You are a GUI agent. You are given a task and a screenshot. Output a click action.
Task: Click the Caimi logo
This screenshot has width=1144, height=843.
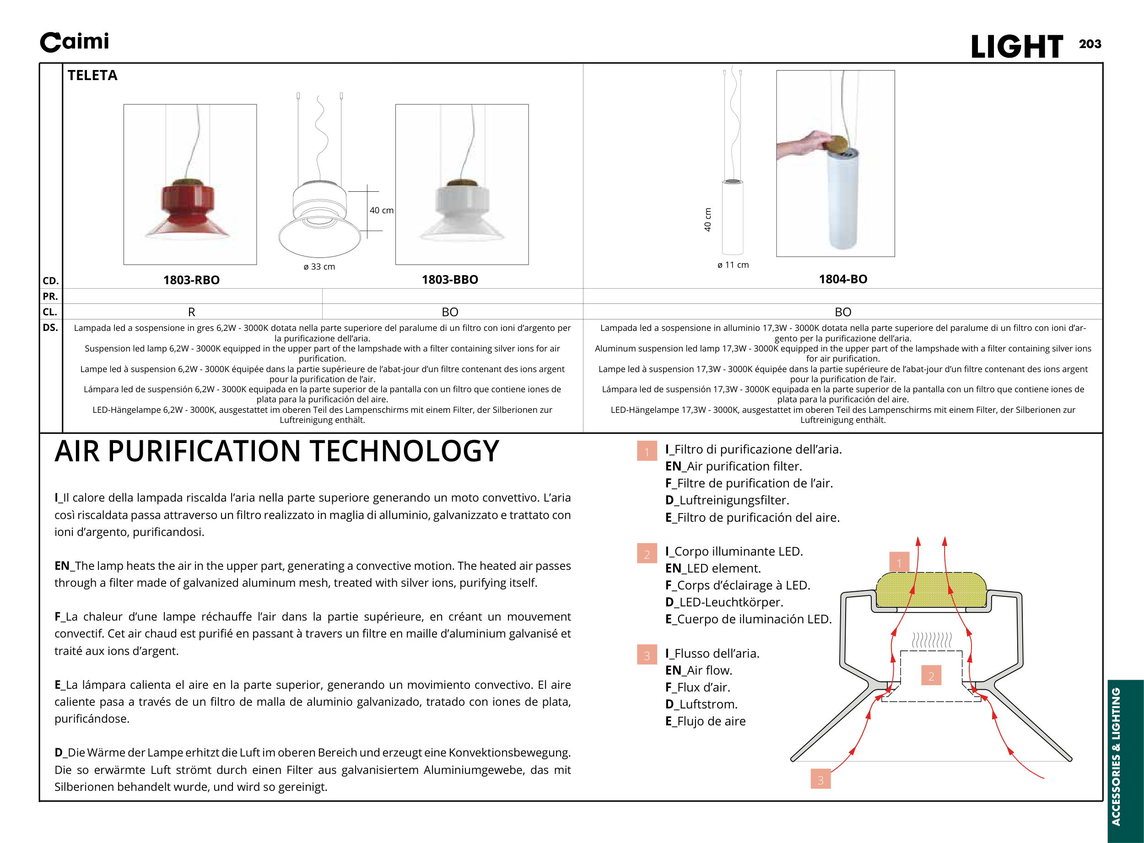pos(75,42)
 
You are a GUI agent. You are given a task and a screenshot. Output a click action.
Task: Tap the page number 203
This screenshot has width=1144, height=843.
pos(1090,44)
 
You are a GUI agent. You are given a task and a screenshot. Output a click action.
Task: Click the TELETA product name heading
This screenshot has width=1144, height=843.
pos(92,76)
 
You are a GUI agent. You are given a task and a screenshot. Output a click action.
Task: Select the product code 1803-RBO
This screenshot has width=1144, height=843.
pos(191,280)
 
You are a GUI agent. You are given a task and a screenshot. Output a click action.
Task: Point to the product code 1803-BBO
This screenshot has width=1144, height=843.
pos(449,280)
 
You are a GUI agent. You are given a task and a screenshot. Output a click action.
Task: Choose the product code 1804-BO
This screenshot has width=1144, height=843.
pos(843,279)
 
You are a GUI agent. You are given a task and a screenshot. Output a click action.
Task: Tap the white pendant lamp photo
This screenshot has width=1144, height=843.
pos(462,209)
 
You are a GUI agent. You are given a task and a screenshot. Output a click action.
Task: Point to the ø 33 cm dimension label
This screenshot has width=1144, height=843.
pos(319,266)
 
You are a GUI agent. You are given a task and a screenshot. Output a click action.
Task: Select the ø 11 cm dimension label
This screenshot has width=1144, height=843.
pos(733,265)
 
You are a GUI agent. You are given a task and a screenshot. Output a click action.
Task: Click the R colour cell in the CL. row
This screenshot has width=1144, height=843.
pos(191,312)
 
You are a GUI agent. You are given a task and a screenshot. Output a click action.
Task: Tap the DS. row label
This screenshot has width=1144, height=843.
pos(50,328)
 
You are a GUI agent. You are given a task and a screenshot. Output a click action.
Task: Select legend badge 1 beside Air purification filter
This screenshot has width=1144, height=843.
pos(647,452)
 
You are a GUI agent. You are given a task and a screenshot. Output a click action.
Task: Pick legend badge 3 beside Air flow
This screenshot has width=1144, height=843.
pos(647,655)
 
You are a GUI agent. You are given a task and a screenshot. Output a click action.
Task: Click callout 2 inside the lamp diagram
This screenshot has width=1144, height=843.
pos(931,676)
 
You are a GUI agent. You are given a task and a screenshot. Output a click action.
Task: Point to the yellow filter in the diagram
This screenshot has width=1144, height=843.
pos(931,590)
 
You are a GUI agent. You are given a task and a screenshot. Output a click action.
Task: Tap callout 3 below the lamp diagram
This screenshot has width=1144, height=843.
pos(820,780)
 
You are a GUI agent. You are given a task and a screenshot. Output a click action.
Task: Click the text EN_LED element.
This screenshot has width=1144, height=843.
pos(712,568)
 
